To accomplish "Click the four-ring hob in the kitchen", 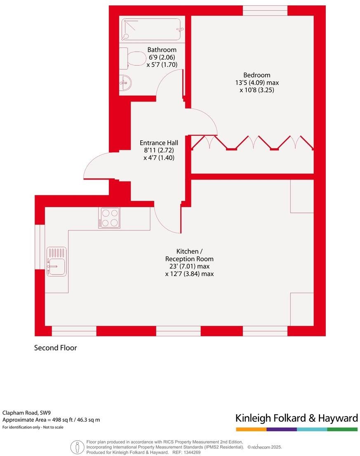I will pyautogui.click(x=109, y=217).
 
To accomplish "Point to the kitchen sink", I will pyautogui.click(x=56, y=262).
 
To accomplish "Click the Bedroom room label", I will pyautogui.click(x=256, y=75).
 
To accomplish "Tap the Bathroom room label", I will pyautogui.click(x=162, y=50).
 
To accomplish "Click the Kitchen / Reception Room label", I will pyautogui.click(x=189, y=255).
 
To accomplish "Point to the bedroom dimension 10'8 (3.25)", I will pyautogui.click(x=256, y=90).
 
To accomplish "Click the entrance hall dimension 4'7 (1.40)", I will pyautogui.click(x=157, y=157).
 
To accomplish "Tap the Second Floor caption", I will pyautogui.click(x=55, y=348).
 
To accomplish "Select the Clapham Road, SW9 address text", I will pyautogui.click(x=21, y=413).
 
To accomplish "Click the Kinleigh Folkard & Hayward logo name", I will pyautogui.click(x=296, y=418).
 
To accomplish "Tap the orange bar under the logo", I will pyautogui.click(x=251, y=429).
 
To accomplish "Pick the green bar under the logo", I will pyautogui.click(x=342, y=429).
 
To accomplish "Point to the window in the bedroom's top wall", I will pyautogui.click(x=265, y=11).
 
